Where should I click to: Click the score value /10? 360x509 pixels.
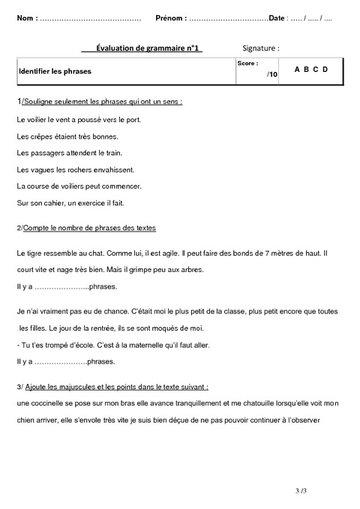271,75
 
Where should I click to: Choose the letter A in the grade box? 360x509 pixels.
298,70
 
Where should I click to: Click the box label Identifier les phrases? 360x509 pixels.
49,73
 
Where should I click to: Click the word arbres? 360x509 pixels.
190,270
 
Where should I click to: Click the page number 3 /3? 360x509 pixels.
301,490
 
